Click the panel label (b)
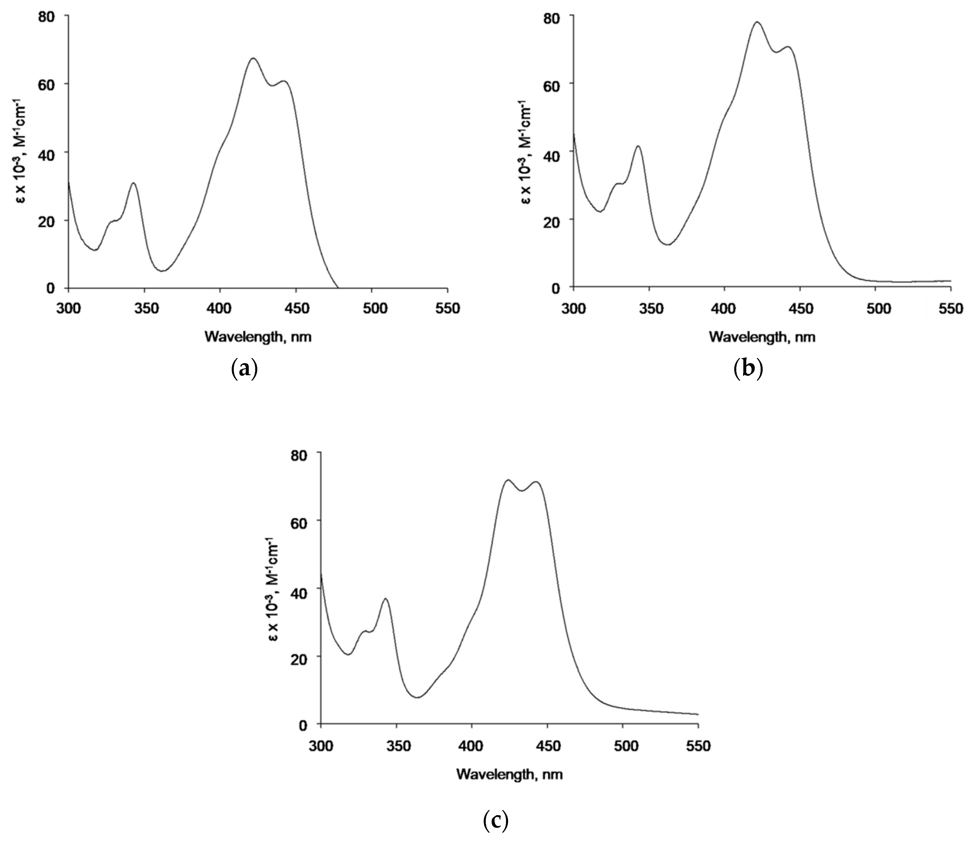748,370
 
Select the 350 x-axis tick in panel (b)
649,309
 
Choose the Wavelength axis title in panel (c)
510,774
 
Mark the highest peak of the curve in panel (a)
253,58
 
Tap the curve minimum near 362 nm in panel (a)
163,271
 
